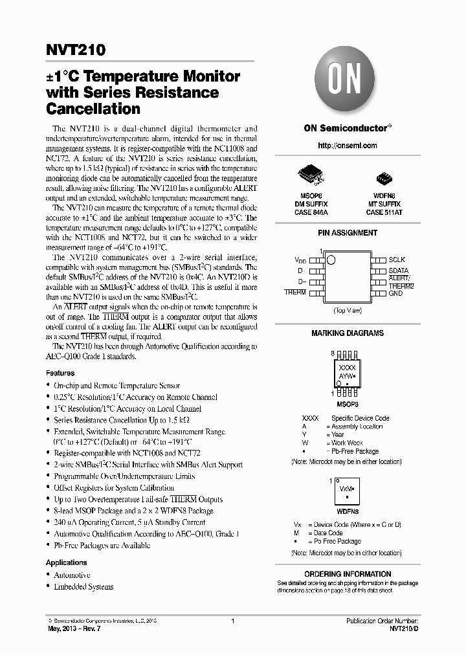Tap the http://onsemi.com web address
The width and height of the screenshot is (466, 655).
[x=348, y=146]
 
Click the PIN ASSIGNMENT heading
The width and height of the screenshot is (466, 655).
[x=348, y=232]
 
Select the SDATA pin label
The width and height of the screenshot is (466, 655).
[x=399, y=271]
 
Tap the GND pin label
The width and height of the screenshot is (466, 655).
[x=395, y=293]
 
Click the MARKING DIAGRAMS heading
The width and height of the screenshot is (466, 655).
[x=348, y=333]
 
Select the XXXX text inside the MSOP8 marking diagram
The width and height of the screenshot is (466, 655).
[x=347, y=367]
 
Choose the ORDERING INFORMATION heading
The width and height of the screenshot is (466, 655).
[x=348, y=574]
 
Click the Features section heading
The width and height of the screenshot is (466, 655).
[x=60, y=373]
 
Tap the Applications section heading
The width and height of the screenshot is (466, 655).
[x=66, y=562]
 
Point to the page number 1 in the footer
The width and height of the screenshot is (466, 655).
[x=232, y=621]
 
